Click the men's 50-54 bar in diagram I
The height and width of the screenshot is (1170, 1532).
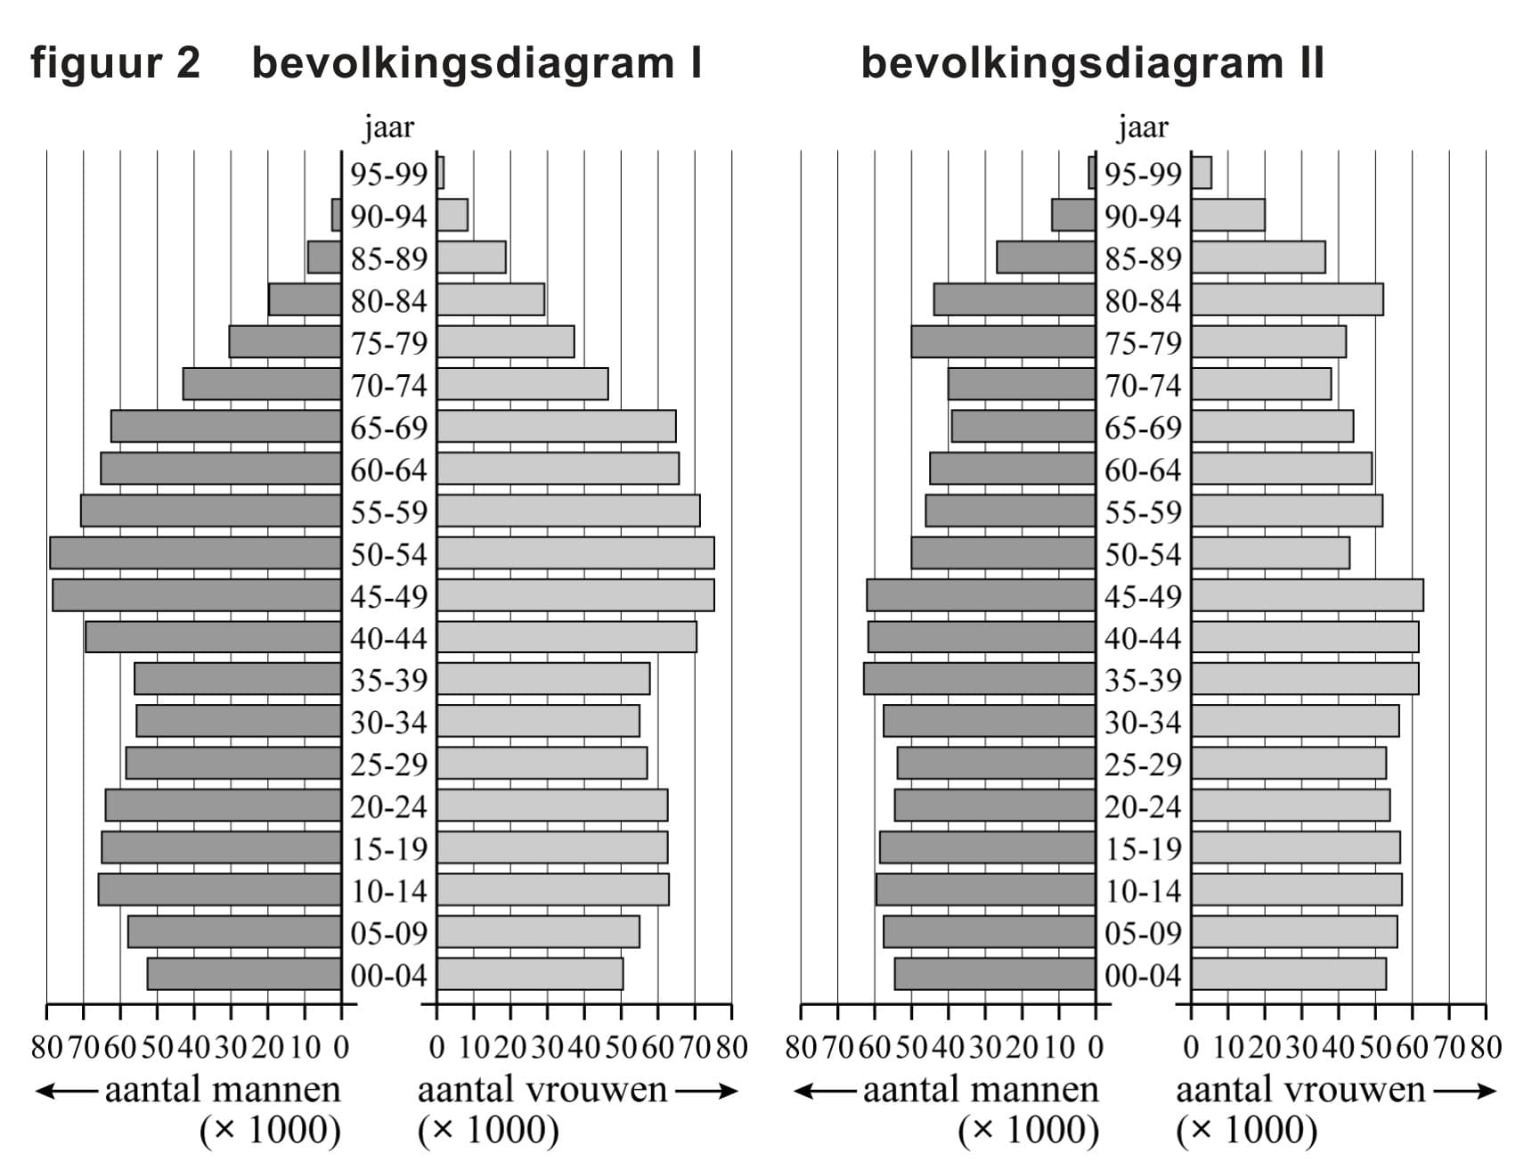195,553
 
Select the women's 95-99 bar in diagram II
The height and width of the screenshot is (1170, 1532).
1202,173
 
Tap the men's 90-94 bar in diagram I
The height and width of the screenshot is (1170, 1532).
337,215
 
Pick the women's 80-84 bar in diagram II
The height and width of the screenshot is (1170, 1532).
1287,300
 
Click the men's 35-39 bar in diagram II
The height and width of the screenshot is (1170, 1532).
979,679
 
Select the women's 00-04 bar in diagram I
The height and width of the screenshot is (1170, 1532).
530,974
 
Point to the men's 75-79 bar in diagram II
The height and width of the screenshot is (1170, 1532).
1003,342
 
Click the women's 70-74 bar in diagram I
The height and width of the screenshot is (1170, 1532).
523,384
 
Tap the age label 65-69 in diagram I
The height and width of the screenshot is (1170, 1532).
389,428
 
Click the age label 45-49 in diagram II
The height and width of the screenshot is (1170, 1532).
1143,596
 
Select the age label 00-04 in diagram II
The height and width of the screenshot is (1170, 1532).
1143,976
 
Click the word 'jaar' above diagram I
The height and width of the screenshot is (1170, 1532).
389,128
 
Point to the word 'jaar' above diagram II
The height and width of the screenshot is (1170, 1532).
1143,128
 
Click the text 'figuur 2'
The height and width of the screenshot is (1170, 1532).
116,64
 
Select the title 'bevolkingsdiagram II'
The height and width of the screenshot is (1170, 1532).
1092,64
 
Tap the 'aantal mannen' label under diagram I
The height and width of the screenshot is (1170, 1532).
223,1090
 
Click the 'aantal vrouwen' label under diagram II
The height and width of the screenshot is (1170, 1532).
1300,1090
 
